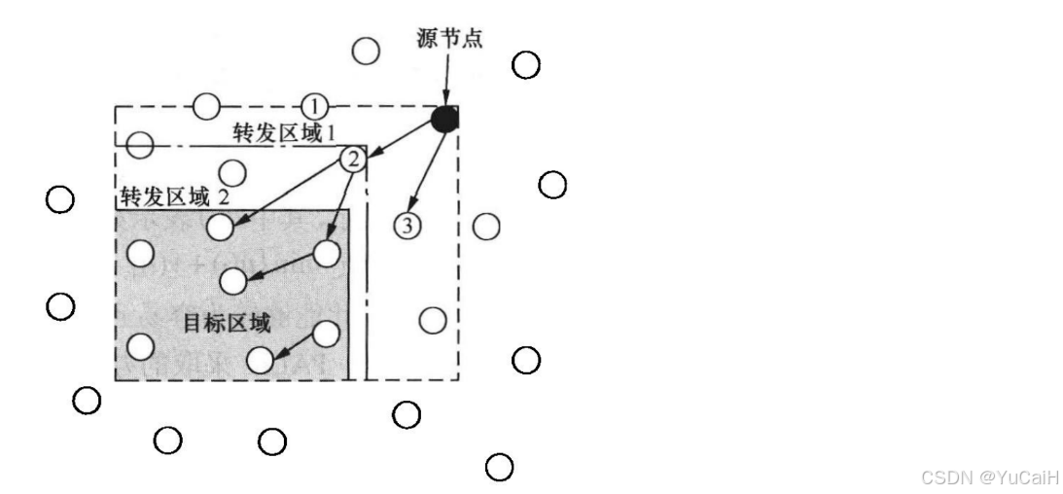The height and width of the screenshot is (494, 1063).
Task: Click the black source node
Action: click(444, 119)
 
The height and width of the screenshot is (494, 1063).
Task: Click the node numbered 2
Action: click(353, 159)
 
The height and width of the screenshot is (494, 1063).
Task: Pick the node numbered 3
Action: click(407, 226)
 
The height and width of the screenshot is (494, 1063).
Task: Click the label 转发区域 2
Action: click(176, 196)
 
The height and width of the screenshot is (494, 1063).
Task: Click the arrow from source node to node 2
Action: click(401, 138)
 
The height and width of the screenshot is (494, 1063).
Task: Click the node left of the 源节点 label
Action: click(366, 51)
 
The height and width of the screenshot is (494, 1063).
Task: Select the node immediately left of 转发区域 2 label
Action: click(60, 199)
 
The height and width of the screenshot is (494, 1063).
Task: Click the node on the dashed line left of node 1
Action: click(206, 106)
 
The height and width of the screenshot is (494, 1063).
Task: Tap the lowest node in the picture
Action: click(499, 467)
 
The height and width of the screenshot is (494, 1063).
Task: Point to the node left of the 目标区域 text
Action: click(142, 345)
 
